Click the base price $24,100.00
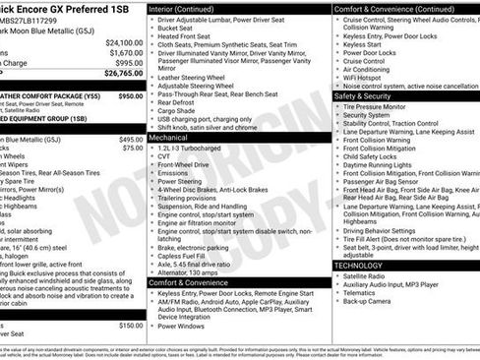(124, 43)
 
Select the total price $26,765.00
(124, 72)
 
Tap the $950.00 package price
(130, 96)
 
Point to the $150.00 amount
(130, 325)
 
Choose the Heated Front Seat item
(193, 35)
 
